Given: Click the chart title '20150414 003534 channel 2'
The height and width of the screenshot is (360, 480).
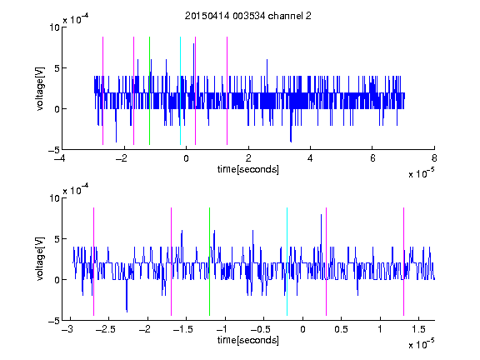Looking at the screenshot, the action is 248,16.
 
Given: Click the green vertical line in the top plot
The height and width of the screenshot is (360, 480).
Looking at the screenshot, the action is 149,91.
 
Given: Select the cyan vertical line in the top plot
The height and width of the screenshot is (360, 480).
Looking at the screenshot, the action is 180,91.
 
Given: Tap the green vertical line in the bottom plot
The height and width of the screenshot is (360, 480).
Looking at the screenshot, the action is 209,262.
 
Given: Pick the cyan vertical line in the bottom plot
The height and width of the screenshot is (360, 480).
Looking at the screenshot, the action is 287,262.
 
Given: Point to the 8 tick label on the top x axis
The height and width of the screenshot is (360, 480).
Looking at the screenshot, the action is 434,158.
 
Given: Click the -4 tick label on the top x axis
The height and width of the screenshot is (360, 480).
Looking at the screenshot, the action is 59,158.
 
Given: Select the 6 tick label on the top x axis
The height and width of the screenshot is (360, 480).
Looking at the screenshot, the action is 372,158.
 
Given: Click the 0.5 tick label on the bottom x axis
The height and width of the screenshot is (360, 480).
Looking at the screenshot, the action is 341,329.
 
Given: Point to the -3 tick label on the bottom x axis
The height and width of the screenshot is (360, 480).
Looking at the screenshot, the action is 67,329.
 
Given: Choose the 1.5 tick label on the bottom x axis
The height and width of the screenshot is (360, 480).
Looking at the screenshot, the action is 418,329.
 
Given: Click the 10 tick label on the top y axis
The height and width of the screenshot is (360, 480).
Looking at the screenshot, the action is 54,27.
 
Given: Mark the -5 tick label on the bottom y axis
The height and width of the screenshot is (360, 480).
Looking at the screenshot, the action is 54,321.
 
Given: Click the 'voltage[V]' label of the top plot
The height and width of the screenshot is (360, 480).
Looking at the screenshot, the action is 40,88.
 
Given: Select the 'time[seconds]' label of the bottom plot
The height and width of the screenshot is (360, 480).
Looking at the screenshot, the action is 248,340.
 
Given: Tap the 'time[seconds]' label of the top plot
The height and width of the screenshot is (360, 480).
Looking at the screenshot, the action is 248,169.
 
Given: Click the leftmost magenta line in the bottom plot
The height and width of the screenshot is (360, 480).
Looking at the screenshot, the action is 93,262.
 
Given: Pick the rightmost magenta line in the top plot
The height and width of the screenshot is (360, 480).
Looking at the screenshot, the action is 227,91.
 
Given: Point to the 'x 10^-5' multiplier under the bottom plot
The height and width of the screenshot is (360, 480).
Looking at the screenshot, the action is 421,344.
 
